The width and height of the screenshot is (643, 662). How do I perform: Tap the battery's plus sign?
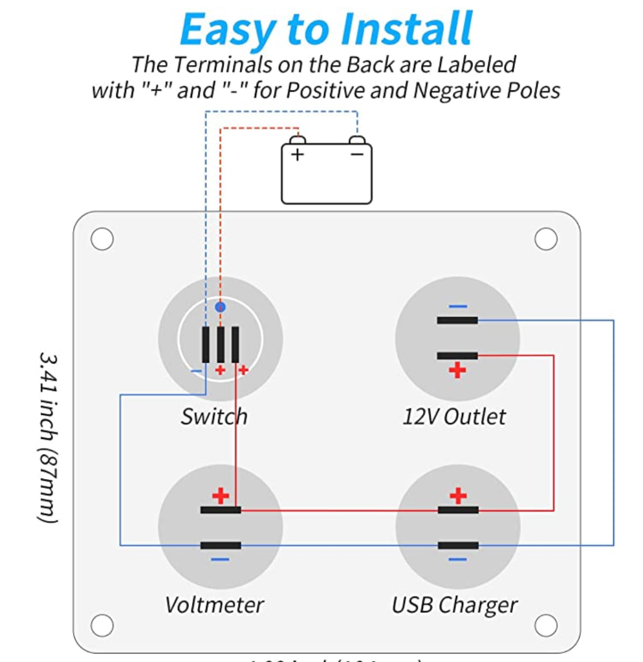click(x=297, y=155)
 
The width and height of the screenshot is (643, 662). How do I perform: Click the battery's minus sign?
click(x=356, y=155)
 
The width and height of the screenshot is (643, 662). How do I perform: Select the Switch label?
click(x=213, y=416)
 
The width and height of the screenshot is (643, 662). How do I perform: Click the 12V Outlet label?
click(x=454, y=416)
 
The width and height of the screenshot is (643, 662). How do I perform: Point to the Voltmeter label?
click(x=214, y=605)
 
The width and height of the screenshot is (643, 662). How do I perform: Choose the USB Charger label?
click(x=454, y=605)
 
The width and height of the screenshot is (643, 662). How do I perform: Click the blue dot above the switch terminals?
click(x=221, y=307)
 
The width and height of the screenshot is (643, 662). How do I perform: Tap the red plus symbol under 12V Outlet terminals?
click(x=457, y=370)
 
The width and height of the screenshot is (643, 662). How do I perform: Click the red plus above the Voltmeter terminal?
click(x=221, y=496)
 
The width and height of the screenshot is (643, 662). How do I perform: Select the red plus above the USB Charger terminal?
click(x=458, y=496)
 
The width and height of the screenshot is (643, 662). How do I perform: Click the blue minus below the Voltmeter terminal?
click(x=220, y=559)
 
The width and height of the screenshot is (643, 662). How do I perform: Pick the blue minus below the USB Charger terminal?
click(x=457, y=559)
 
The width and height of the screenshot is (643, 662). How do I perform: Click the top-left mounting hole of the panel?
click(x=102, y=239)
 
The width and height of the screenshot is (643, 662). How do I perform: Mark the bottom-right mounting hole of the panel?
click(x=546, y=625)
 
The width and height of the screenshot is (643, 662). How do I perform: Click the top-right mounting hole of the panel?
click(x=546, y=239)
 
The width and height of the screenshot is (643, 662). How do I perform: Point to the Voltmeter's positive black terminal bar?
click(x=221, y=510)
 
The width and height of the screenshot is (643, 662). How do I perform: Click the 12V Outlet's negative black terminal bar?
click(x=457, y=320)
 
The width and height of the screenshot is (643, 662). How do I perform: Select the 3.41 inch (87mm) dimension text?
click(x=49, y=437)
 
